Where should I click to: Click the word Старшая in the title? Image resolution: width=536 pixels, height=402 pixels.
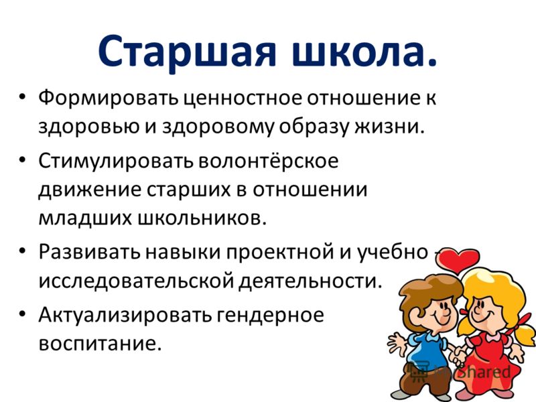pyautogui.click(x=188, y=52)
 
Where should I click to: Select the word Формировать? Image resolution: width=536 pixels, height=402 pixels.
pyautogui.click(x=108, y=98)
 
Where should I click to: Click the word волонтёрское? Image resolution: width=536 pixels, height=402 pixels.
pyautogui.click(x=267, y=161)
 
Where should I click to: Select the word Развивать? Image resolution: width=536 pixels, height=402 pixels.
pyautogui.click(x=90, y=253)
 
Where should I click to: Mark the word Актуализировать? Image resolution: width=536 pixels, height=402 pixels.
pyautogui.click(x=125, y=316)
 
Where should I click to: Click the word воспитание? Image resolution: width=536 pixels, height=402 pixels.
pyautogui.click(x=99, y=344)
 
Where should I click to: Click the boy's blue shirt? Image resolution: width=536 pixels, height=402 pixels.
pyautogui.click(x=427, y=348)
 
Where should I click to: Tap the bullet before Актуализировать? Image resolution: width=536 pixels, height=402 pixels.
pyautogui.click(x=22, y=314)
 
